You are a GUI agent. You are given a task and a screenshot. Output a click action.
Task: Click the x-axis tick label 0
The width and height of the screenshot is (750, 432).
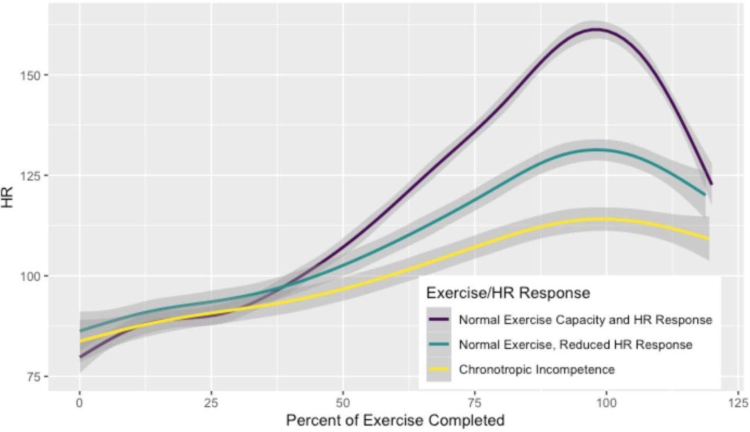(79, 403)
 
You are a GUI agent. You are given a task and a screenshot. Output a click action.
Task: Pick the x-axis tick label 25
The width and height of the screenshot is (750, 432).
(211, 403)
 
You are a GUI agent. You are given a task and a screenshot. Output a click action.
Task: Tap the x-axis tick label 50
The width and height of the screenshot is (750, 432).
(343, 403)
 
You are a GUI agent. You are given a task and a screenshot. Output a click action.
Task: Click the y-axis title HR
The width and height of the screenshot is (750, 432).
(10, 201)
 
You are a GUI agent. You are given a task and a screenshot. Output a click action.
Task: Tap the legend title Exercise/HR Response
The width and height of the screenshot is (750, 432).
(508, 293)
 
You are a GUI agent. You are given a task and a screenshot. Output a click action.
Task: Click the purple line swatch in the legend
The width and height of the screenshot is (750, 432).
(439, 320)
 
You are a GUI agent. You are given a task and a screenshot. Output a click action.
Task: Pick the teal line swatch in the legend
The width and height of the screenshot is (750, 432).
(439, 345)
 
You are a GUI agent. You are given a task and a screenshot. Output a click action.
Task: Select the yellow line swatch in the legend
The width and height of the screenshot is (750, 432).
(439, 369)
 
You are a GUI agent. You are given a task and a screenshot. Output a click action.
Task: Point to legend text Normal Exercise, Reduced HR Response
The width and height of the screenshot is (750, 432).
(575, 345)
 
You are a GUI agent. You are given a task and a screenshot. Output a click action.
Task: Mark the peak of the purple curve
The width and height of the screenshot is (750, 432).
(595, 29)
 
